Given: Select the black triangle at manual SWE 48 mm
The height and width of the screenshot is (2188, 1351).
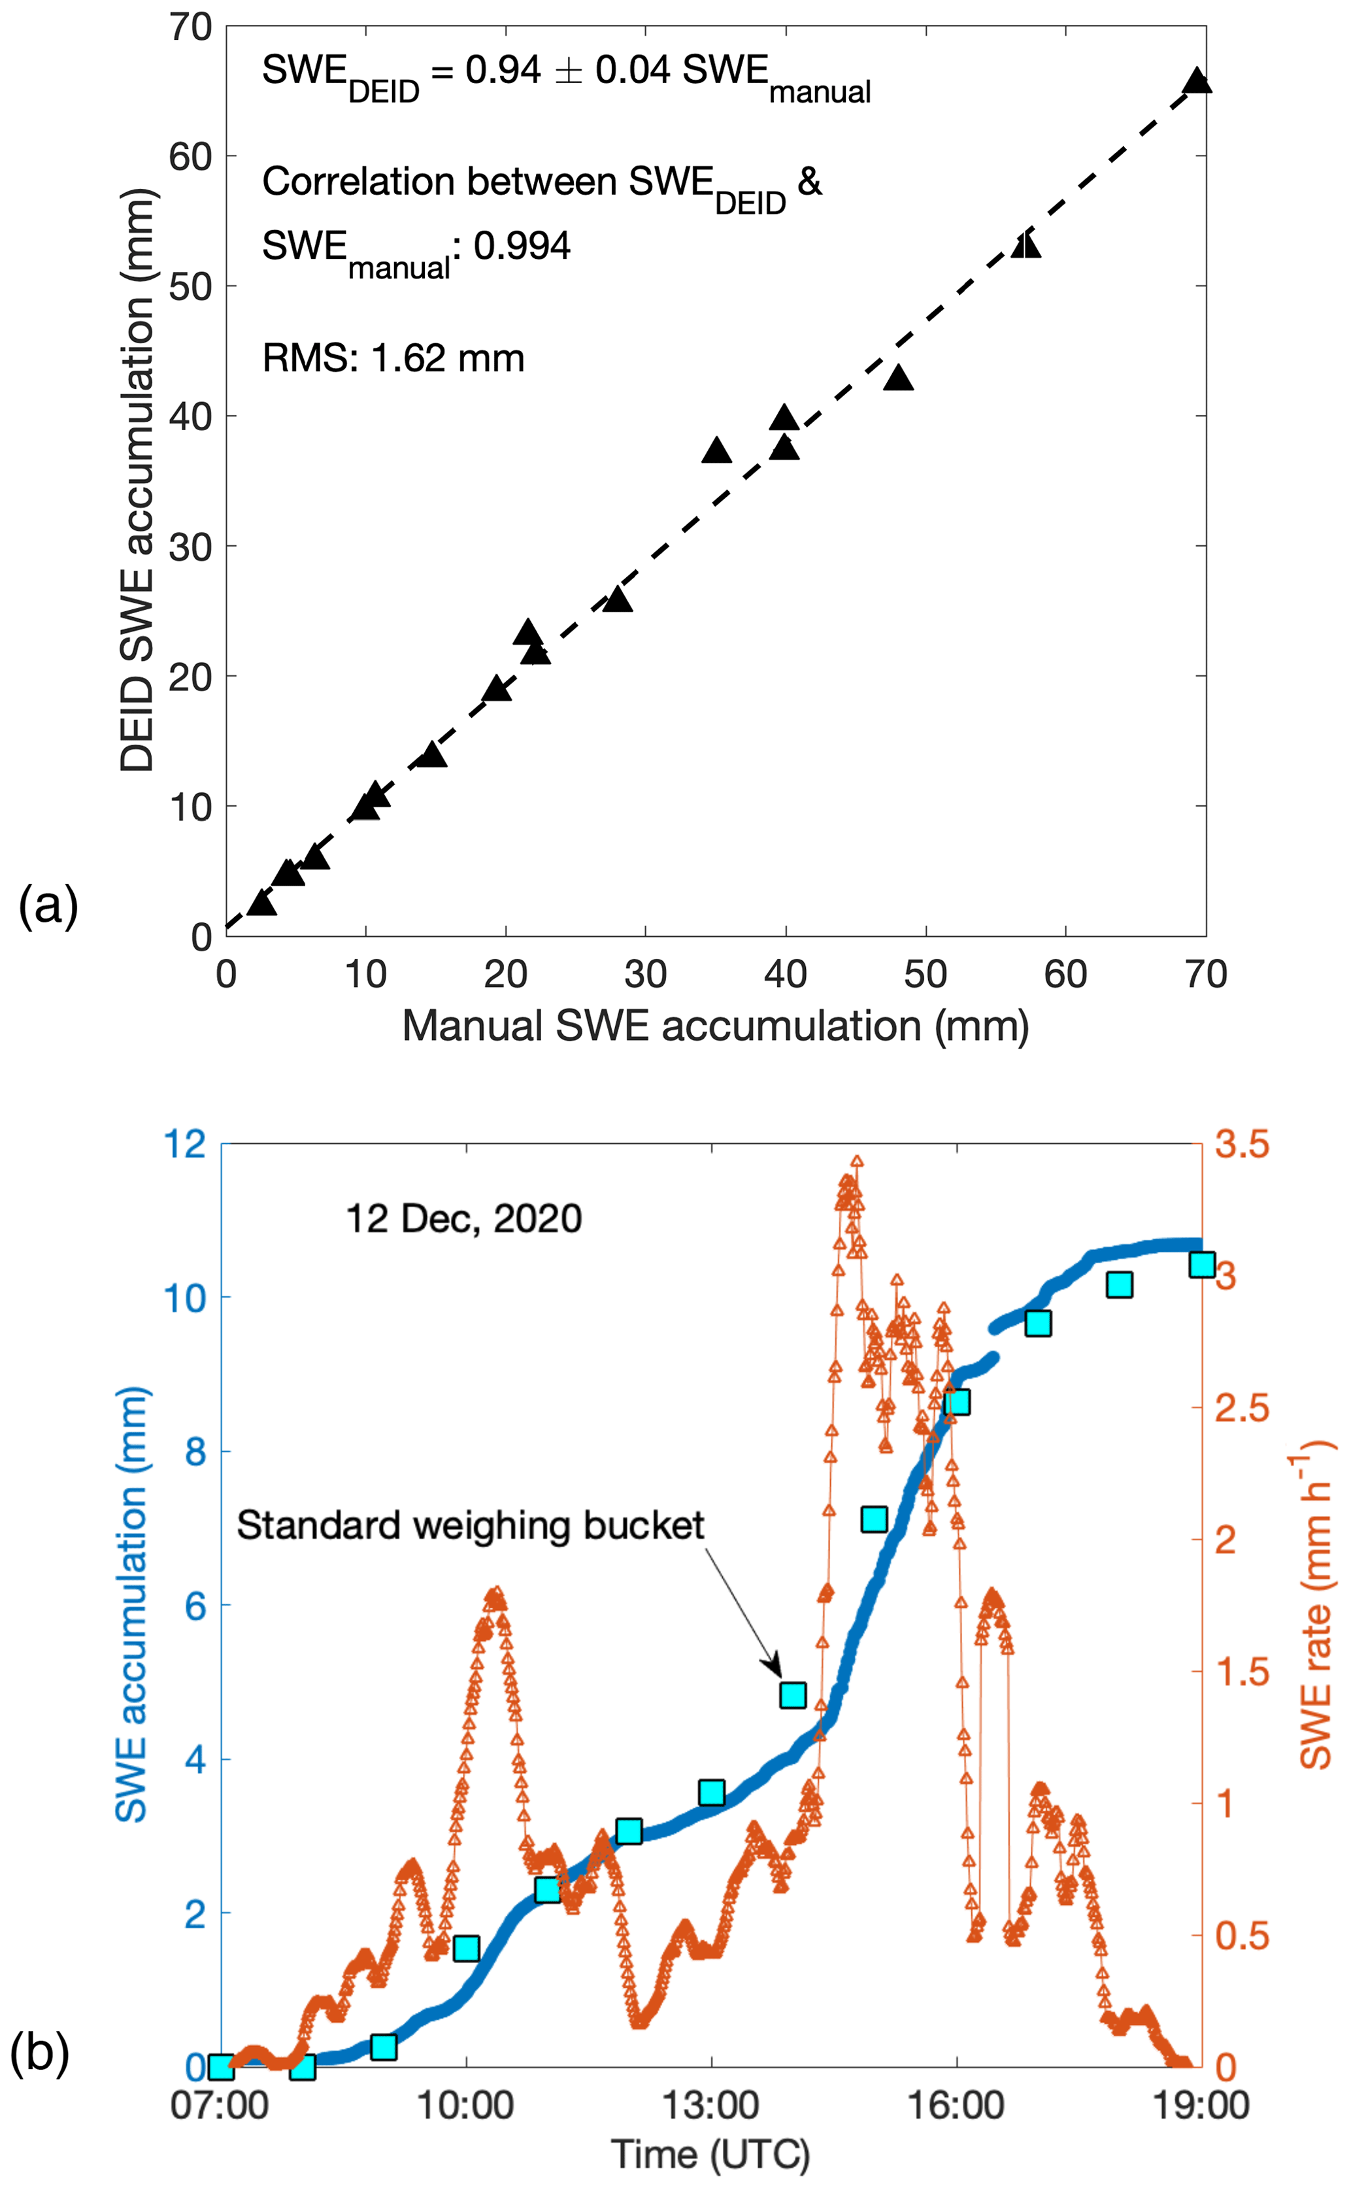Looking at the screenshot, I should pyautogui.click(x=899, y=379).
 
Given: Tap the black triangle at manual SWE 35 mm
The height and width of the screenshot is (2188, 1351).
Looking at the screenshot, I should pyautogui.click(x=716, y=451).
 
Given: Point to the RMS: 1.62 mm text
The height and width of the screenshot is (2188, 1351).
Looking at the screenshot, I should pyautogui.click(x=393, y=359).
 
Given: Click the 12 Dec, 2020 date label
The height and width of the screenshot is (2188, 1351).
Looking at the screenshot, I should pyautogui.click(x=464, y=1219).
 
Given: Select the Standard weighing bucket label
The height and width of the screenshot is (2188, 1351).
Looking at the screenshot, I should pyautogui.click(x=470, y=1526).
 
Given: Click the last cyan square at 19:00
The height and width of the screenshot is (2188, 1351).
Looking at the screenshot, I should pyautogui.click(x=1202, y=1265).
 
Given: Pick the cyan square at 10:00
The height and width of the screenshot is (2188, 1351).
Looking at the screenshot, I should pyautogui.click(x=465, y=1949).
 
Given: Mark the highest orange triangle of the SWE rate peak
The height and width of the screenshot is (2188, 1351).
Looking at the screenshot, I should pyautogui.click(x=857, y=1162).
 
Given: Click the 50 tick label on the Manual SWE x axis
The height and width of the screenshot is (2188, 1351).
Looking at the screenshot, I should pyautogui.click(x=925, y=975).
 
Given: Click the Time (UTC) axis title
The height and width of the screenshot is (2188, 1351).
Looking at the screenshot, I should pyautogui.click(x=710, y=2154).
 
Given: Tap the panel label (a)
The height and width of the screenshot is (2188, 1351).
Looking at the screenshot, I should pyautogui.click(x=48, y=906).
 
